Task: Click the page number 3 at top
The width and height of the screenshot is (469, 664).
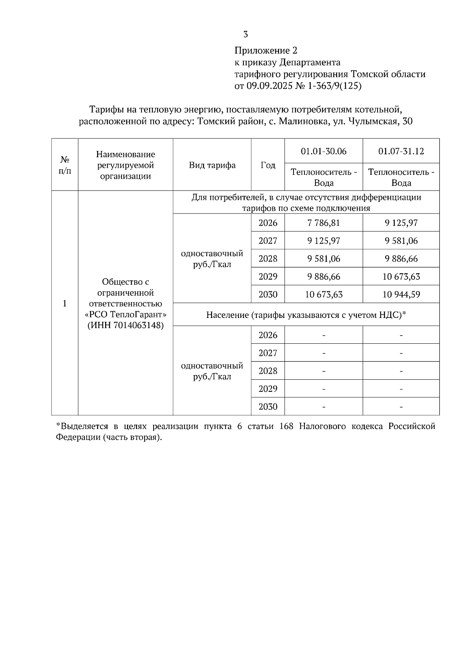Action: [245, 34]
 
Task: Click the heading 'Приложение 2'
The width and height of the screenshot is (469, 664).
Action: [265, 50]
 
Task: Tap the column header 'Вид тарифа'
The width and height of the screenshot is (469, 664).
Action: [212, 165]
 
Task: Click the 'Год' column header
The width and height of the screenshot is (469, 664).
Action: [268, 165]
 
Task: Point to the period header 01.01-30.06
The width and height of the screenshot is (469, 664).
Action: [324, 151]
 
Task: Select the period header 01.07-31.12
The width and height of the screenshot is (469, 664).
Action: [401, 151]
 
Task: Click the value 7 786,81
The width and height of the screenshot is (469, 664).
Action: [324, 223]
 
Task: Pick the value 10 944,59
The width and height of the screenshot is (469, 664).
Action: [401, 294]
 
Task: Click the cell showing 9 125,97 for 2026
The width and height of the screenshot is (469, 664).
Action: [401, 223]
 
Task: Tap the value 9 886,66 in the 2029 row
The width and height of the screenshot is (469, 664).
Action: [324, 276]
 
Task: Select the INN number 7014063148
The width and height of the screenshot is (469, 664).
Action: [135, 325]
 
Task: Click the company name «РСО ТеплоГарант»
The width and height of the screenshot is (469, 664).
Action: [125, 314]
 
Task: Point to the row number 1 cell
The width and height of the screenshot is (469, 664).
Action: [65, 303]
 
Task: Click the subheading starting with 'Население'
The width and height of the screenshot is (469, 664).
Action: [306, 315]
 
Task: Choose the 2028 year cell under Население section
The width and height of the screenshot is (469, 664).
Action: [268, 371]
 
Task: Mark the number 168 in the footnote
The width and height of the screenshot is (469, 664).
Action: [286, 426]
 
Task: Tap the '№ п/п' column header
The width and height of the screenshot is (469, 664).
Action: [65, 165]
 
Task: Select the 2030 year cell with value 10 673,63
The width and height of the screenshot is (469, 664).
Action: [268, 294]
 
